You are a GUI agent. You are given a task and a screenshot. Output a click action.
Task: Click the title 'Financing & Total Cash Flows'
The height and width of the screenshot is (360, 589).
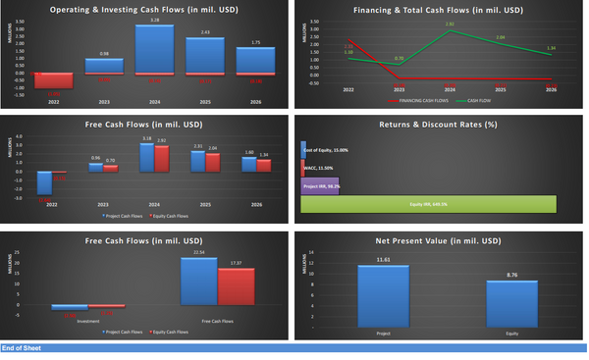439,11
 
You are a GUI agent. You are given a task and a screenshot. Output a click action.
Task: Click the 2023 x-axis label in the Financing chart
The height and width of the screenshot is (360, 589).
399,89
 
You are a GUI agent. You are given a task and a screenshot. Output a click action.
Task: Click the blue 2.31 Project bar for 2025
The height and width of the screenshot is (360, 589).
197,161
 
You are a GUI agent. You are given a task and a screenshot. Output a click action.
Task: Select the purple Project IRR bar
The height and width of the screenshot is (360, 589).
319,183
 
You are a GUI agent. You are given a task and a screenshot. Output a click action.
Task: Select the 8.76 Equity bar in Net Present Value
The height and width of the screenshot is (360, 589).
512,303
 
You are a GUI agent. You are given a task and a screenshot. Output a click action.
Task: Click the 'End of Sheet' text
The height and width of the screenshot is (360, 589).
21,347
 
